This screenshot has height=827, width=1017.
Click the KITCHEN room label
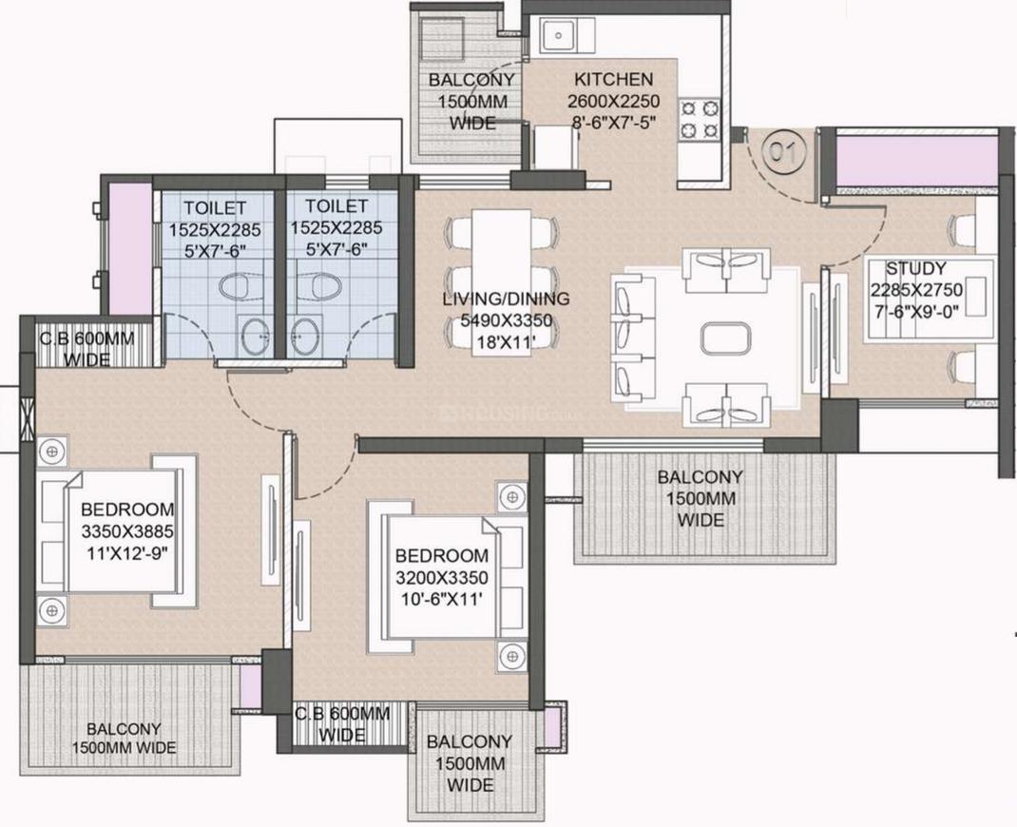[614, 79]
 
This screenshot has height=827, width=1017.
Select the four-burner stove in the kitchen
[700, 120]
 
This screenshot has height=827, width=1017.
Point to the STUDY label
[916, 268]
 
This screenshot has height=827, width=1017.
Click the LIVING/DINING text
[506, 299]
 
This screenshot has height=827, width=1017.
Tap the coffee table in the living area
[726, 338]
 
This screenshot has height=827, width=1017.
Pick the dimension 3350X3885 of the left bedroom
[127, 532]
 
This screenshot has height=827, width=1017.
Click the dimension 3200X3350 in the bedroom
[442, 577]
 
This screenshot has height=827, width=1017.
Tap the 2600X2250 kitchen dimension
[614, 101]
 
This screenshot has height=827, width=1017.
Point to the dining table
[502, 280]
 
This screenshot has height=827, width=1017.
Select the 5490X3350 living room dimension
[506, 320]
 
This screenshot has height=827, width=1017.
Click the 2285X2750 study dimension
[916, 289]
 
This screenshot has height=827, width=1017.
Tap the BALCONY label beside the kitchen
[471, 80]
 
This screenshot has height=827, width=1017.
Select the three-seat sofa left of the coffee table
[627, 339]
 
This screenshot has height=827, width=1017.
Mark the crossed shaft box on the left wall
[27, 419]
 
